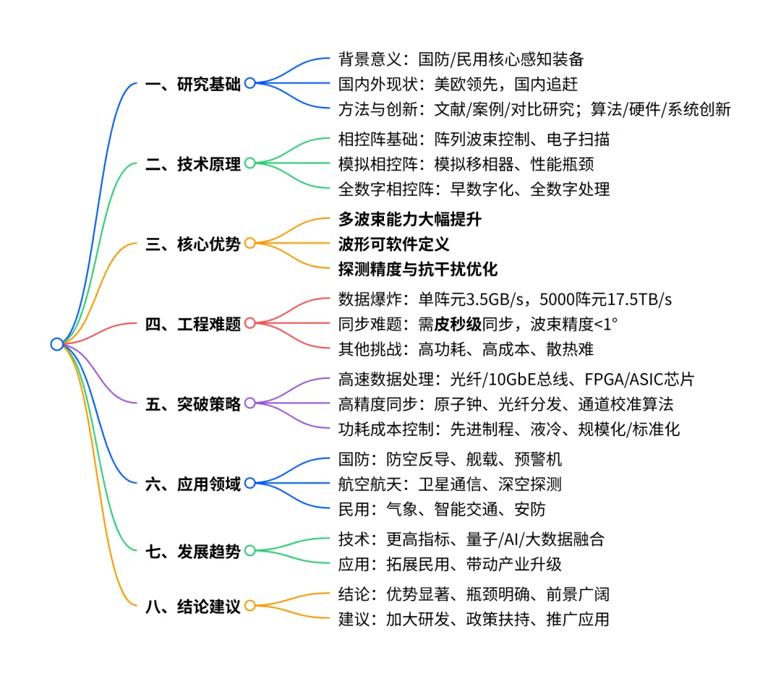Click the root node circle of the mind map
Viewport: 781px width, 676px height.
(56, 344)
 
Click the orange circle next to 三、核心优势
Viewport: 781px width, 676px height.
(249, 244)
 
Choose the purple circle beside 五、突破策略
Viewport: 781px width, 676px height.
(249, 403)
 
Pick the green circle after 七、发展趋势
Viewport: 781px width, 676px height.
(249, 551)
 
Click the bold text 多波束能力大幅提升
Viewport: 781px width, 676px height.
(409, 219)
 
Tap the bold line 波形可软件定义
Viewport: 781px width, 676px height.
(393, 244)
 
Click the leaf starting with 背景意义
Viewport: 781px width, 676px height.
(461, 59)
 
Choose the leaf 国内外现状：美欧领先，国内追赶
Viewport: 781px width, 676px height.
(458, 84)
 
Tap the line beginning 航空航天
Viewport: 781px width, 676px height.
(450, 484)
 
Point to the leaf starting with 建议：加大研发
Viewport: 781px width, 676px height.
(474, 619)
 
